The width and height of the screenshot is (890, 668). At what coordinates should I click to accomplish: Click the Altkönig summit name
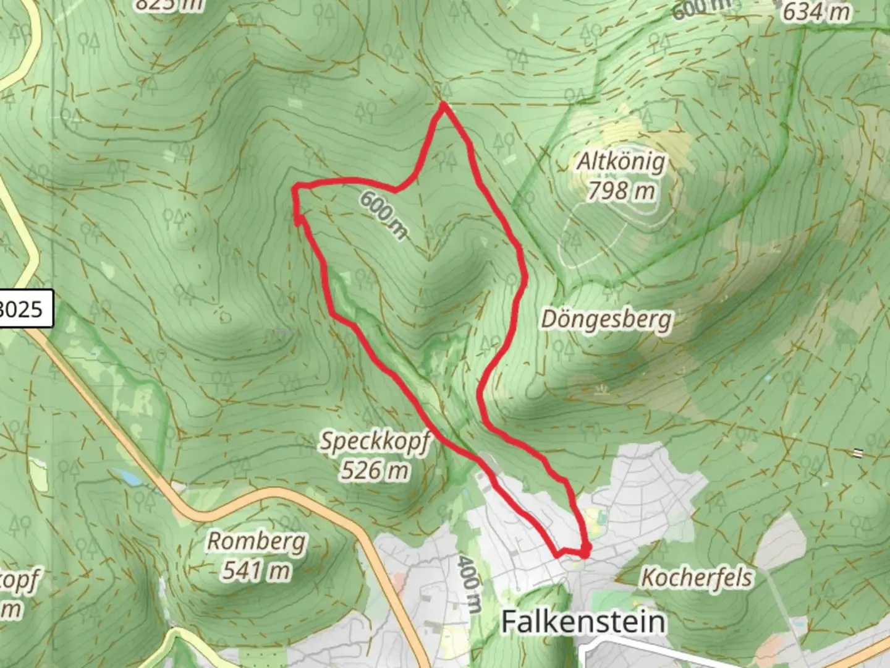pyautogui.click(x=621, y=162)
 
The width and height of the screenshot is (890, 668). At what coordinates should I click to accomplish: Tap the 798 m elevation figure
pyautogui.click(x=620, y=191)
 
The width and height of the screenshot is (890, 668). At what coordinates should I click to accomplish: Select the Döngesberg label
pyautogui.click(x=606, y=320)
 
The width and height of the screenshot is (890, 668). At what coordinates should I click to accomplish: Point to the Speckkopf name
pyautogui.click(x=375, y=442)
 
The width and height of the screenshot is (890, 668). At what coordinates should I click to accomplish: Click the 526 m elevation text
pyautogui.click(x=375, y=471)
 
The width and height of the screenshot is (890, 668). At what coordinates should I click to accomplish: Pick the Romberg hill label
pyautogui.click(x=256, y=541)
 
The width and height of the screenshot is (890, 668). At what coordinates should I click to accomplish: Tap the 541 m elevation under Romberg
pyautogui.click(x=256, y=570)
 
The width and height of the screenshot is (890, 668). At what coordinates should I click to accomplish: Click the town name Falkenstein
pyautogui.click(x=583, y=621)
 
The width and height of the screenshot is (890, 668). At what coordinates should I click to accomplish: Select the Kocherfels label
pyautogui.click(x=697, y=578)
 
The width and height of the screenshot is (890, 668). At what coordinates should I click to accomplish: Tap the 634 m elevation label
pyautogui.click(x=816, y=12)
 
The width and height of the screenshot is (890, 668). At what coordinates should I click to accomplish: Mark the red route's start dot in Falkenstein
pyautogui.click(x=585, y=549)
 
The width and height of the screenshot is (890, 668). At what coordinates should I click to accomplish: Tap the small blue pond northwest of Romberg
pyautogui.click(x=128, y=477)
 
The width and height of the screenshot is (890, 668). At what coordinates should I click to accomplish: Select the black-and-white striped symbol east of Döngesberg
pyautogui.click(x=857, y=453)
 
